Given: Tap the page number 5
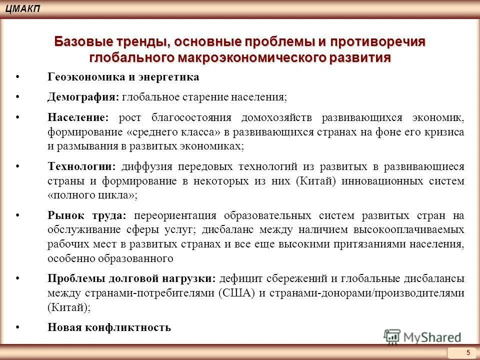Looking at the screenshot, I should coord(468,352).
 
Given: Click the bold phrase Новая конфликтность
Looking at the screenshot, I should coord(109,327).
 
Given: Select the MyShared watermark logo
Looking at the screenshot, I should coord(422,336).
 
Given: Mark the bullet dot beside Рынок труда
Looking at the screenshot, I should coord(18,215).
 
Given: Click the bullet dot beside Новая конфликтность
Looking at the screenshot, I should coord(18,327).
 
